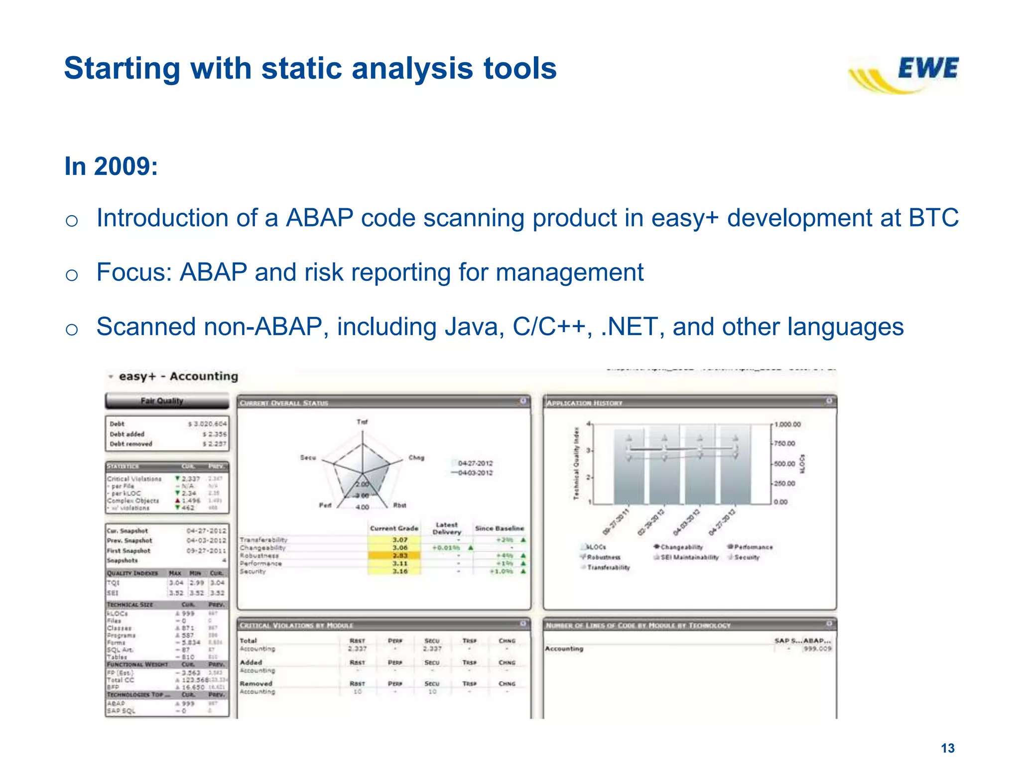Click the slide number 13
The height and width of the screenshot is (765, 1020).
[947, 748]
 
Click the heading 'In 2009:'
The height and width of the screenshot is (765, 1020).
[111, 166]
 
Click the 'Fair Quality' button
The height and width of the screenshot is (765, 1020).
[162, 401]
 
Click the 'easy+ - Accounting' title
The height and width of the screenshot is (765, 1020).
[178, 376]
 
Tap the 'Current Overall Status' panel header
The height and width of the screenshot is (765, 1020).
[284, 403]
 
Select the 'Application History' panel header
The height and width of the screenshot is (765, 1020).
[584, 403]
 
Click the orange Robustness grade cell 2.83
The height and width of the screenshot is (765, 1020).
[399, 555]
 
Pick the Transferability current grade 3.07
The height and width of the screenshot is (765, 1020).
[399, 540]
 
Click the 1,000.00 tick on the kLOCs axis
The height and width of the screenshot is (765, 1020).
[787, 424]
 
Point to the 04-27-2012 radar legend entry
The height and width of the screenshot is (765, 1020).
[474, 463]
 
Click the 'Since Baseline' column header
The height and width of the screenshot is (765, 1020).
[499, 528]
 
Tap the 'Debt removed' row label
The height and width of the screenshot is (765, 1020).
[130, 444]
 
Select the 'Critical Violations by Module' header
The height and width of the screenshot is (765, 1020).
[296, 625]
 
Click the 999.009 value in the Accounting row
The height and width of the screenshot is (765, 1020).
[817, 648]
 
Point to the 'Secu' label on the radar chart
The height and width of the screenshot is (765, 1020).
[308, 457]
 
